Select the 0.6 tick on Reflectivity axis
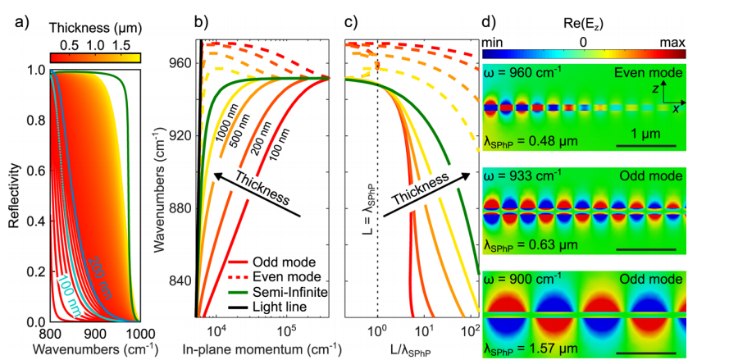pos(34,171)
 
